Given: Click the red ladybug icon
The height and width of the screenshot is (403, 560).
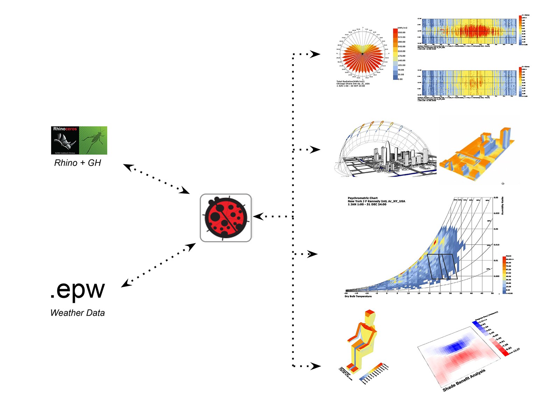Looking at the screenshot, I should (x=226, y=218).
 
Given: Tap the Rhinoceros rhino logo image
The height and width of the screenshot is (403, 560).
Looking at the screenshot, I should (x=65, y=141).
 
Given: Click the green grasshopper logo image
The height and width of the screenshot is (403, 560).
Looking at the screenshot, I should (x=93, y=141).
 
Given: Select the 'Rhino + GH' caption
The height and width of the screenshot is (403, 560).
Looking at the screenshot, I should (x=78, y=163).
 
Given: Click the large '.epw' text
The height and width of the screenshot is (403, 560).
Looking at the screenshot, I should (x=77, y=289).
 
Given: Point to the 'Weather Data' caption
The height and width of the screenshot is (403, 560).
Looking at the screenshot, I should (x=77, y=313).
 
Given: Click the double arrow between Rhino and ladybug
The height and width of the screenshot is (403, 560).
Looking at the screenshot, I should (x=156, y=179).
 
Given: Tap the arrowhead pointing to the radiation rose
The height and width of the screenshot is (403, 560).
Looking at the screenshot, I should (x=315, y=54).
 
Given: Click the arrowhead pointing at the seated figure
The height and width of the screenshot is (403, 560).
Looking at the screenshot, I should (x=316, y=366).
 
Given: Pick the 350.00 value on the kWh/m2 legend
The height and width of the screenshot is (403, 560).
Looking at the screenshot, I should (x=401, y=32).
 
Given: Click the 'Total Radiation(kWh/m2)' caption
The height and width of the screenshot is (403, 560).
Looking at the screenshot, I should (x=350, y=81).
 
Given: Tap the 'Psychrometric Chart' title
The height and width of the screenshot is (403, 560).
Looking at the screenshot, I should (x=363, y=198).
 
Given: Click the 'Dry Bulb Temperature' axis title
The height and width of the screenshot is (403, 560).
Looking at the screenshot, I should (x=358, y=296).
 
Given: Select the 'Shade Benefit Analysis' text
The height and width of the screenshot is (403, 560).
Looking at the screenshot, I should (x=464, y=380).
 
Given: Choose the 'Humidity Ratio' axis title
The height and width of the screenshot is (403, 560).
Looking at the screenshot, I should (x=503, y=206).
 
